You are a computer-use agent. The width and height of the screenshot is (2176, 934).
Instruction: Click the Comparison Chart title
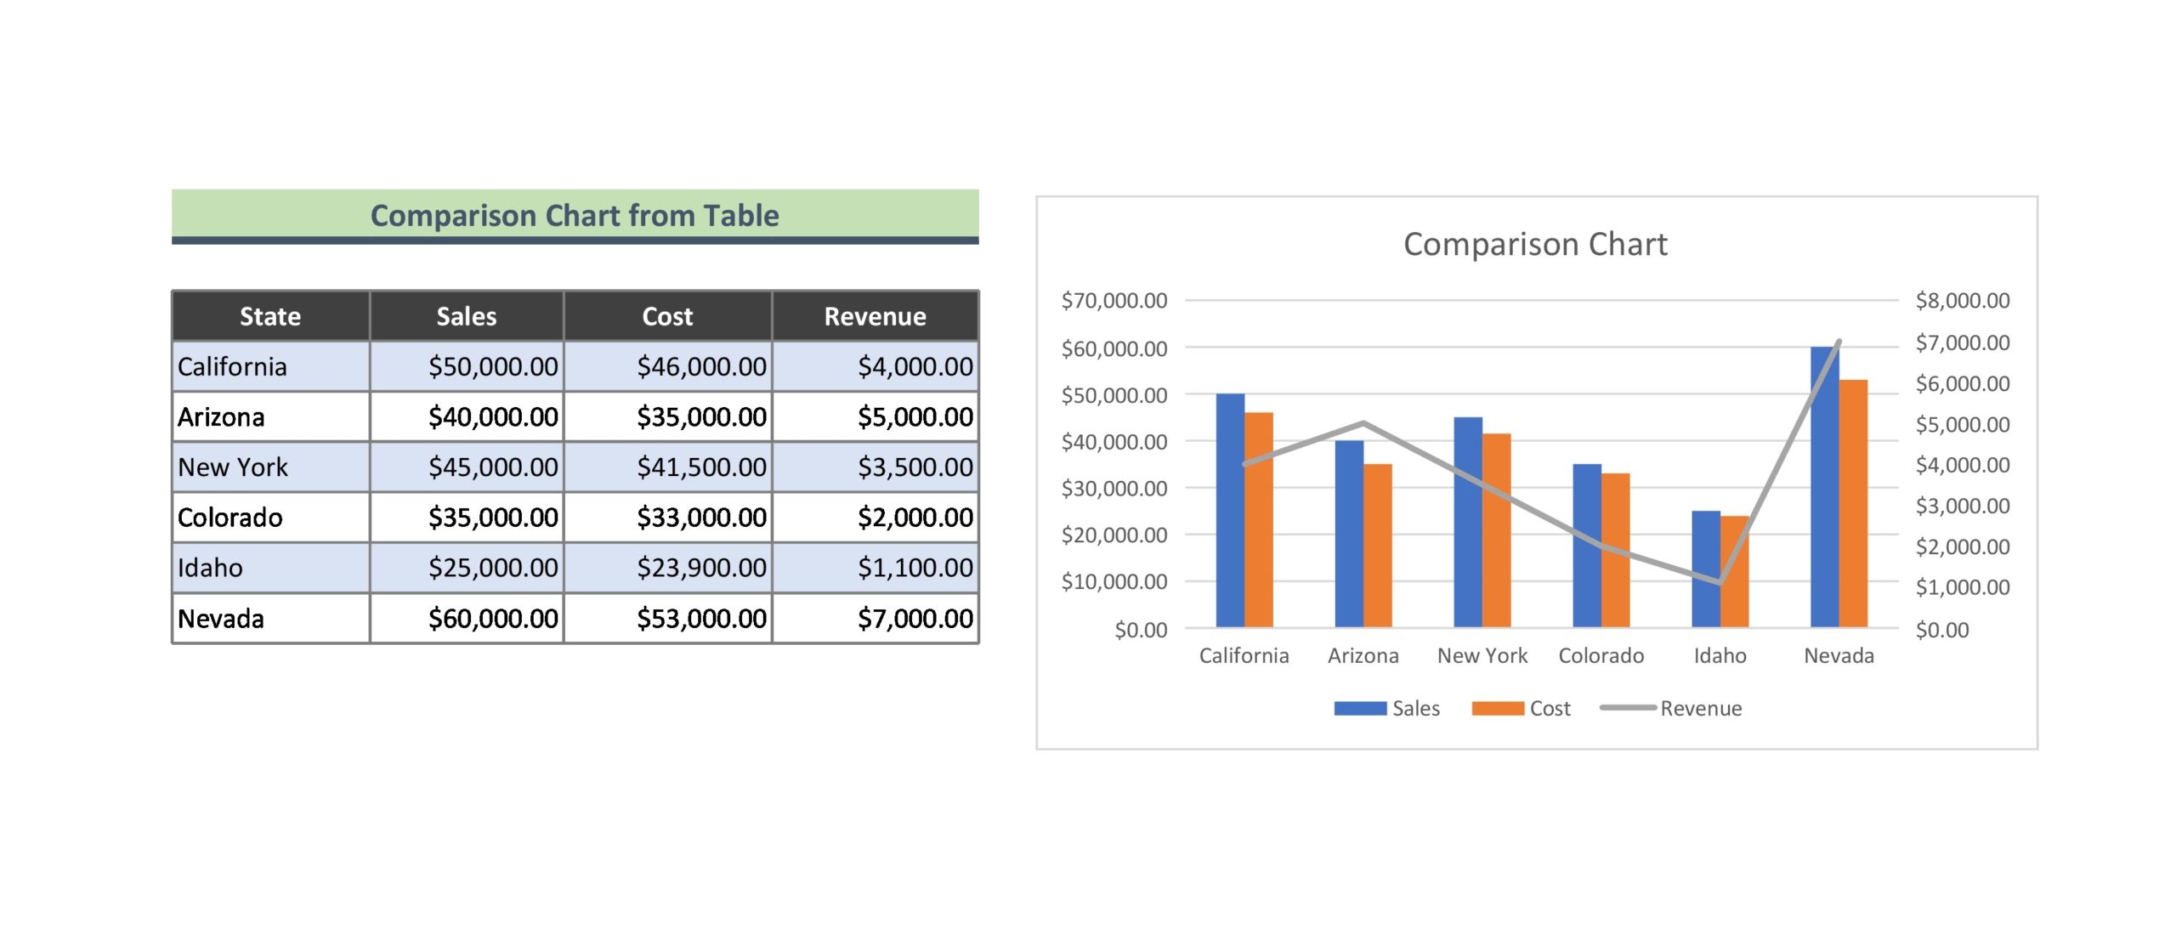click(1534, 245)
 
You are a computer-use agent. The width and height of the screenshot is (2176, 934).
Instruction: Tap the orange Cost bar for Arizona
click(1377, 546)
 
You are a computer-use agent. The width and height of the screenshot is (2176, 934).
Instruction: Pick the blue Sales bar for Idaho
click(1705, 569)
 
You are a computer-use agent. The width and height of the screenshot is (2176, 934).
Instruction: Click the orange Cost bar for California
click(1258, 520)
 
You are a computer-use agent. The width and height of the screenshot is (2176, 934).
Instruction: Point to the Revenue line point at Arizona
click(1363, 423)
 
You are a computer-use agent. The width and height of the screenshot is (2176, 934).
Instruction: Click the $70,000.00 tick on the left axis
click(1113, 301)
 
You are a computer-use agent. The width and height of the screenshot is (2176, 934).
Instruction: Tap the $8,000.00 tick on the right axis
click(1962, 301)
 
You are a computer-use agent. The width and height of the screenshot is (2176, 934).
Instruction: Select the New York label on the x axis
click(1482, 655)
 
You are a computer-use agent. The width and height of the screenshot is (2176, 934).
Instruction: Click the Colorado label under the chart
click(1601, 655)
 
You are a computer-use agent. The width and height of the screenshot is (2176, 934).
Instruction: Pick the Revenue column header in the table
click(875, 316)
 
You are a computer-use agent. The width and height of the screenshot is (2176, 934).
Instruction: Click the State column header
click(270, 316)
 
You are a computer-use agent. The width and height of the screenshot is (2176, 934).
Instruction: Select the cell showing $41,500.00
click(701, 467)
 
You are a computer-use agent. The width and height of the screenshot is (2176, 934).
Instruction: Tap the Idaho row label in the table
click(210, 568)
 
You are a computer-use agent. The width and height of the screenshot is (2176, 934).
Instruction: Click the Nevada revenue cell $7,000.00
click(915, 619)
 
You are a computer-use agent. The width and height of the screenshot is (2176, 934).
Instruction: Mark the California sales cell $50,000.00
click(493, 367)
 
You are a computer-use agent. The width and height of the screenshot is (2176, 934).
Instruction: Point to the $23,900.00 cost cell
click(701, 568)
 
